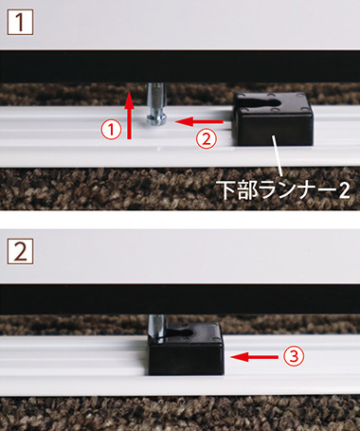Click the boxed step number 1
(x=20, y=22)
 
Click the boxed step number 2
(x=20, y=251)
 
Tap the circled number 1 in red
(x=111, y=130)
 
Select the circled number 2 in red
(x=207, y=138)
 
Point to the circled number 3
(x=294, y=356)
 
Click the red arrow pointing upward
(x=129, y=115)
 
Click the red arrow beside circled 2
(x=200, y=121)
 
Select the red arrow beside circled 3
(x=255, y=357)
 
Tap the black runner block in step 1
(x=273, y=118)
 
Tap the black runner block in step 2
(x=187, y=349)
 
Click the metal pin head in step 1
(x=157, y=118)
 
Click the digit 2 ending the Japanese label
(x=344, y=190)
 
